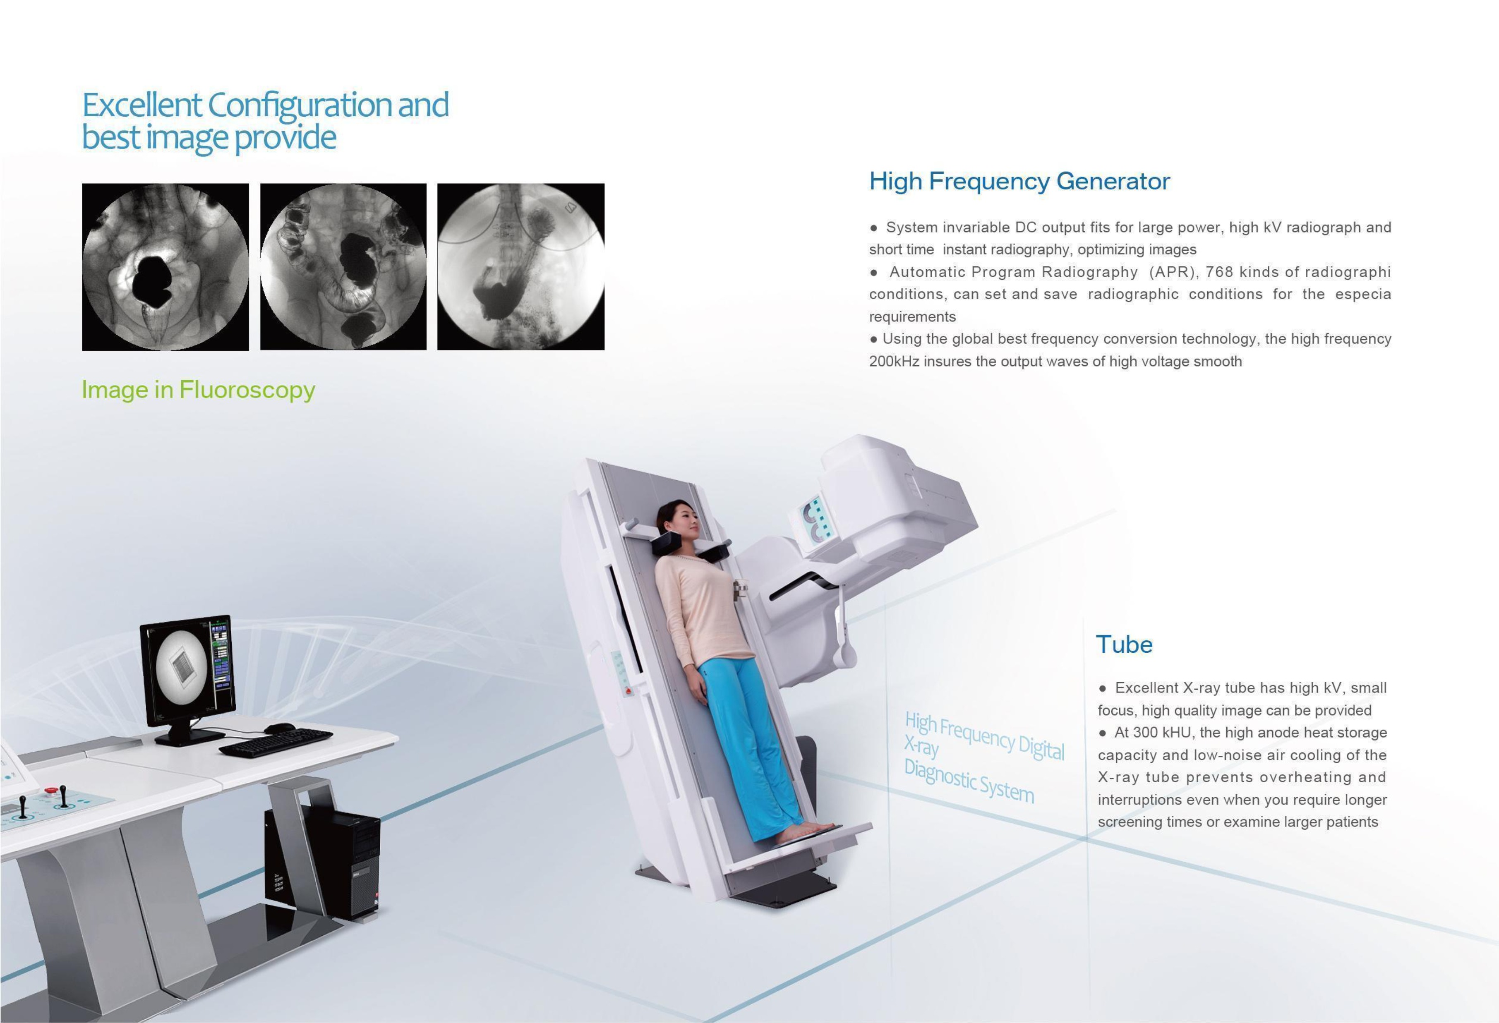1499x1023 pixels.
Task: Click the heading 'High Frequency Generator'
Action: pos(1019,181)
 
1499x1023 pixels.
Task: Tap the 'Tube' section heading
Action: pos(1124,644)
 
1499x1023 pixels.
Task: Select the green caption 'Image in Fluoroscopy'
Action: pos(198,390)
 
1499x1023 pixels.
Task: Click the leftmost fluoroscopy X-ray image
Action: pos(165,267)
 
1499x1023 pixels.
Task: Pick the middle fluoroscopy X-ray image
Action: pos(343,267)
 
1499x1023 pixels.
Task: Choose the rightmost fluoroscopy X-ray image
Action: pos(520,267)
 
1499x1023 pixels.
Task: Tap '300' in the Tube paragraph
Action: pos(1146,733)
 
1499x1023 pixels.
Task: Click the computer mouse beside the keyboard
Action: pos(279,728)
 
